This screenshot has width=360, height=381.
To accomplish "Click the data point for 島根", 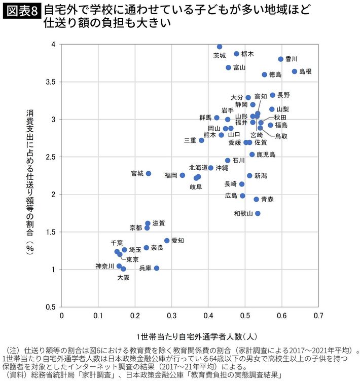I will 295,71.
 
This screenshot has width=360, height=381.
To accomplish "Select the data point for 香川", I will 281,59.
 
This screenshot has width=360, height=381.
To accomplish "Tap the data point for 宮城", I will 149,173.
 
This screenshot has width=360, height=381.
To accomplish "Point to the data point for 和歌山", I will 258,213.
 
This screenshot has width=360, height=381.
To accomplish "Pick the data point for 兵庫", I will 157,268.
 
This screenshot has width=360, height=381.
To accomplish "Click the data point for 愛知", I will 167,241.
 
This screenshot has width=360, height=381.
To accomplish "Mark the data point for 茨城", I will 220,47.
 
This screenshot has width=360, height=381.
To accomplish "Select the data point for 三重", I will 201,140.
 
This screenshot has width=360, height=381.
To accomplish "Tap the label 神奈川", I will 105,266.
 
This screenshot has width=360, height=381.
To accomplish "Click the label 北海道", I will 198,167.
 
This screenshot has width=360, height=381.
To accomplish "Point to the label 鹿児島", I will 266,155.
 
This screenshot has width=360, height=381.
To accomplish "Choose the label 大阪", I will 123,278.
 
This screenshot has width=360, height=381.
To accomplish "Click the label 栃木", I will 248,54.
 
